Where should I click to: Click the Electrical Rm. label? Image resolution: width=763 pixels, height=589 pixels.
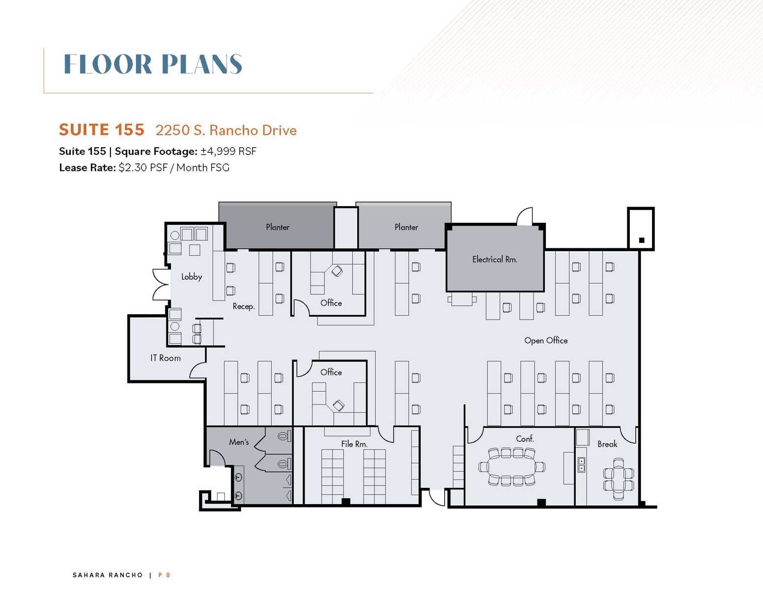(x=494, y=259)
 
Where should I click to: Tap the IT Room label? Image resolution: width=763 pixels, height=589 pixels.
(x=166, y=358)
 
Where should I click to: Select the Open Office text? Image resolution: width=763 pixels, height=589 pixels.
(x=546, y=340)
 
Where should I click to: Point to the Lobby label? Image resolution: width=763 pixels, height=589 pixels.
(x=192, y=277)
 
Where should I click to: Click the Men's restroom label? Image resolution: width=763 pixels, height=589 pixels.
(x=239, y=442)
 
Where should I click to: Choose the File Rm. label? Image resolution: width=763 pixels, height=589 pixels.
(x=354, y=444)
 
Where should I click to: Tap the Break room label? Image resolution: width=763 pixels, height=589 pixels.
(x=607, y=444)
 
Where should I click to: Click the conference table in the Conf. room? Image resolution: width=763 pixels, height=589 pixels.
(x=511, y=467)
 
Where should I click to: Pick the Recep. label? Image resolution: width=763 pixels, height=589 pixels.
(x=244, y=307)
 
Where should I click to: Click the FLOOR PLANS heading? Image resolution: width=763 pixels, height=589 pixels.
(x=153, y=64)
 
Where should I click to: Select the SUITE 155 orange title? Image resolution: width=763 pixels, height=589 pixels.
(x=102, y=130)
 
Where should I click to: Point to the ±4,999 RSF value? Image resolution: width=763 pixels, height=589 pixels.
(x=228, y=151)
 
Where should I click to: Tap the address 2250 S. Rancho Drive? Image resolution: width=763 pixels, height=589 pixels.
(x=226, y=130)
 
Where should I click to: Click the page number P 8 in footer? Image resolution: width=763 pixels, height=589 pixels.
(x=164, y=575)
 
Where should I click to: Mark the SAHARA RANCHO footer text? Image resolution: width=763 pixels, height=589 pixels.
(x=108, y=575)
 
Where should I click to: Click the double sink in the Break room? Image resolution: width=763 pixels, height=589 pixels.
(x=582, y=465)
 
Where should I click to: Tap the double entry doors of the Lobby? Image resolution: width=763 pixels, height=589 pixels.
(x=161, y=285)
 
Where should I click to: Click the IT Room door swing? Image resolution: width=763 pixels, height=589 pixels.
(x=198, y=370)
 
